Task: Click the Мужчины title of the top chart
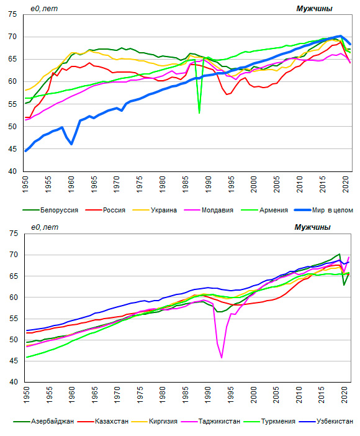point(314,9)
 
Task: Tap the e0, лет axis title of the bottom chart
point(45,227)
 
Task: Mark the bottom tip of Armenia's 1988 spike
point(199,113)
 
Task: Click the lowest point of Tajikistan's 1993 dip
point(222,358)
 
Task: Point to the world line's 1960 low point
point(71,144)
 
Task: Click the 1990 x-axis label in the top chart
point(208,184)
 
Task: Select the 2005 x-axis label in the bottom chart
point(276,394)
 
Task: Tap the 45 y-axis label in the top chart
point(12,149)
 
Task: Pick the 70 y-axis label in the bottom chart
point(13,255)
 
